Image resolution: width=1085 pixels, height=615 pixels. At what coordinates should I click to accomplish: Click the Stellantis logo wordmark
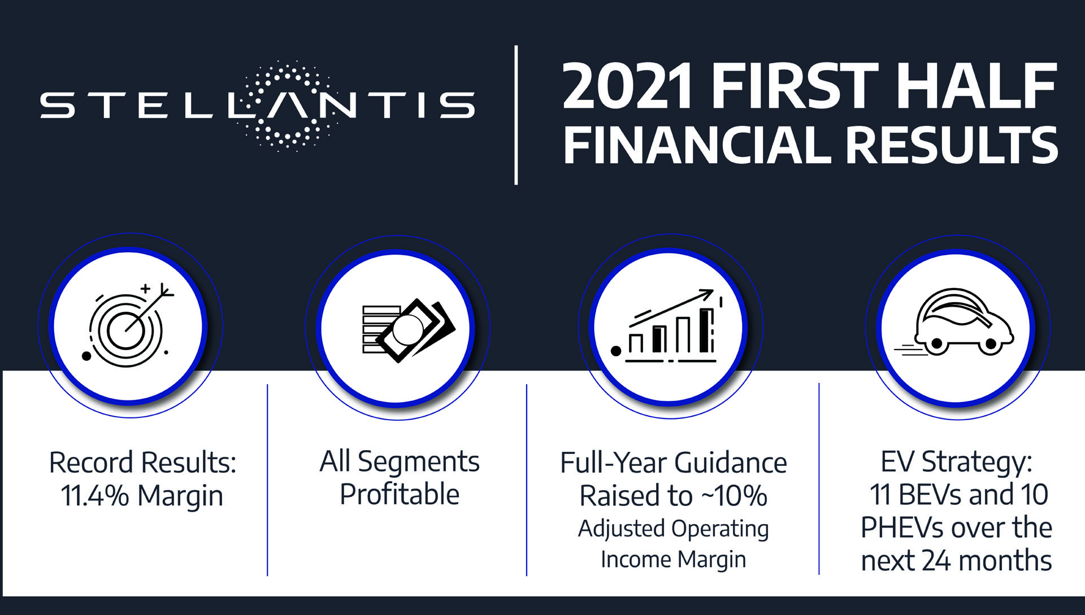click(258, 106)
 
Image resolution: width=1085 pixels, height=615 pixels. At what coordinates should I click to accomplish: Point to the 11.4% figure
click(95, 496)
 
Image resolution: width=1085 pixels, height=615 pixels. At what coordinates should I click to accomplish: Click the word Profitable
click(400, 495)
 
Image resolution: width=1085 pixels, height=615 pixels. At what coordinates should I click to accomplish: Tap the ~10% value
click(734, 496)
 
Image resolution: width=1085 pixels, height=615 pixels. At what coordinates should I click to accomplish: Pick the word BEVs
click(930, 495)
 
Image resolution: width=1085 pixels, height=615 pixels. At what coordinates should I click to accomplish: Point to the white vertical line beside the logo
click(516, 115)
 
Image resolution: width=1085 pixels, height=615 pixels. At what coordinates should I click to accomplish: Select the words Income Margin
click(673, 560)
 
